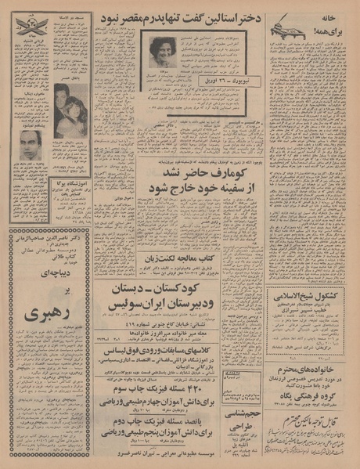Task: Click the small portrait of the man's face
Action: pyautogui.click(x=31, y=146)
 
